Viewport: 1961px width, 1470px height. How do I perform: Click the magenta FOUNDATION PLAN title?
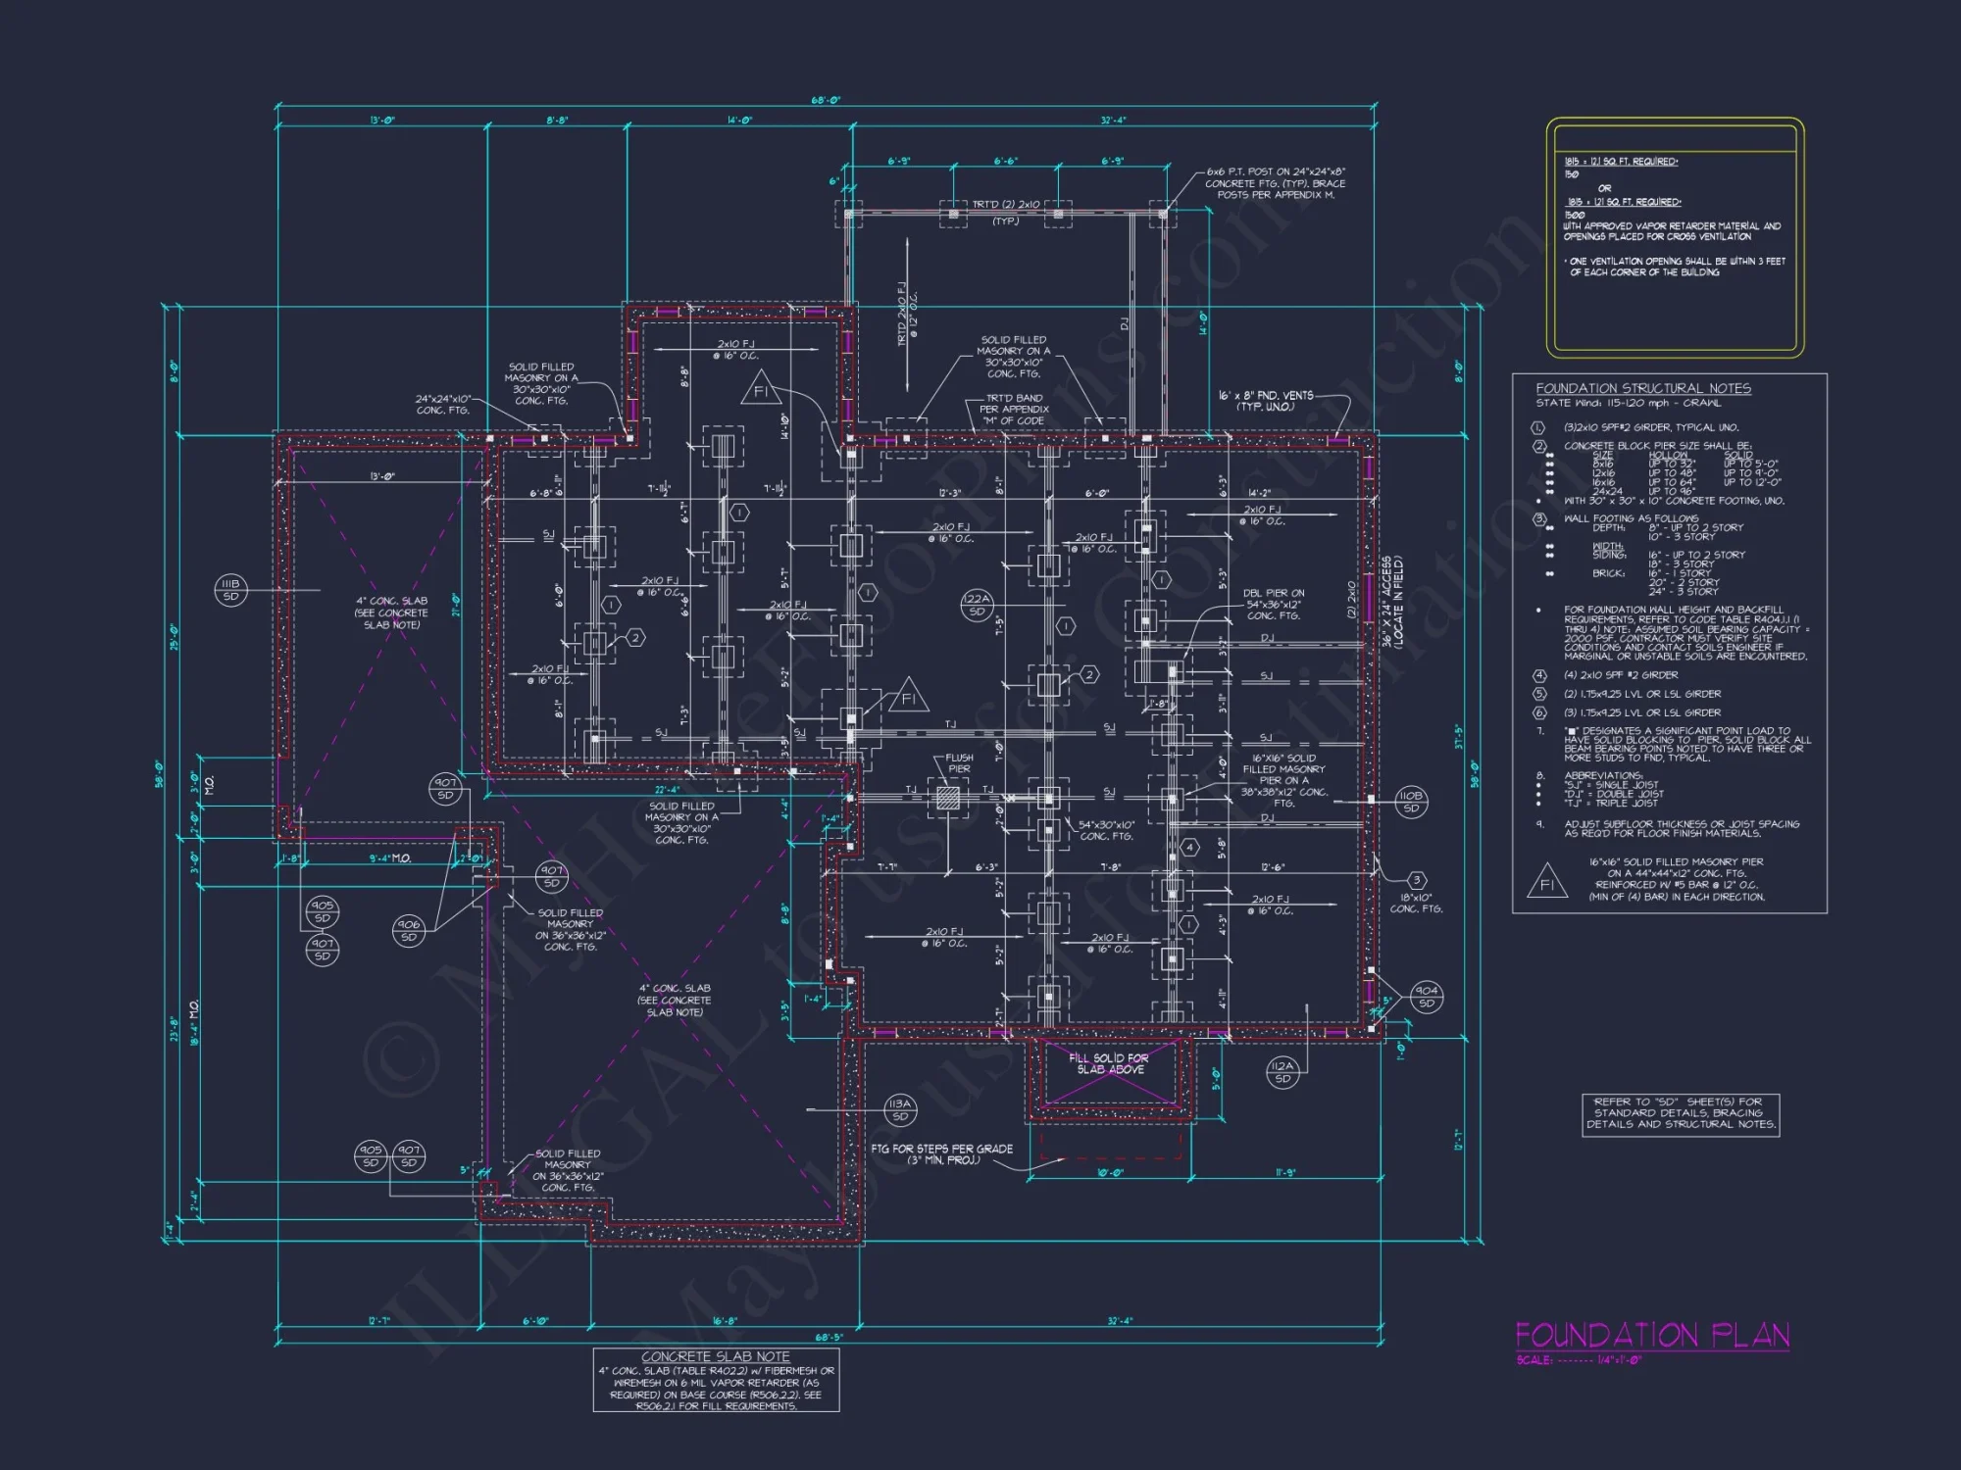(1652, 1335)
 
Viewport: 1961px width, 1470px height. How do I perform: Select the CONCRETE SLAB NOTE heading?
(716, 1356)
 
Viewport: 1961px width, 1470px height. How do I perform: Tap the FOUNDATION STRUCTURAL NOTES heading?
(1643, 388)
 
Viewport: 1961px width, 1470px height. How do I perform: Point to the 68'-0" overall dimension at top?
(826, 101)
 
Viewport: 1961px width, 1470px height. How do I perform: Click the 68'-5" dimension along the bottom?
(829, 1337)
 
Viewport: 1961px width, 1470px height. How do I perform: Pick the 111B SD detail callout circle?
(230, 590)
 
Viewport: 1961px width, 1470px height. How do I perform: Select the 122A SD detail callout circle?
(977, 605)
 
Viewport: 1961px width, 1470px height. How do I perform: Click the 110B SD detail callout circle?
(1411, 802)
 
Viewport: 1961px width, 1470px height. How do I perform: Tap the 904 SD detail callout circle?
(1427, 997)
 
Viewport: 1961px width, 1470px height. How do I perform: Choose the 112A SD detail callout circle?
(1282, 1072)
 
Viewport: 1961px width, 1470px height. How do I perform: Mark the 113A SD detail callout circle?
(899, 1109)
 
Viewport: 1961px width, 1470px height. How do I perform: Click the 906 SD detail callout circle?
(409, 931)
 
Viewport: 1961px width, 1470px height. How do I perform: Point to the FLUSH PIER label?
(959, 763)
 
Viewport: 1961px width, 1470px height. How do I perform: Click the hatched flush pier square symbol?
(947, 797)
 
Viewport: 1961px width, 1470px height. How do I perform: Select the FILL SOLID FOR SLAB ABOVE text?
(1110, 1063)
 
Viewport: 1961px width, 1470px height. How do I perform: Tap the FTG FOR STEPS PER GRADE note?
(941, 1153)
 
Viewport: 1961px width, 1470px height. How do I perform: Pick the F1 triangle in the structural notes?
(1547, 882)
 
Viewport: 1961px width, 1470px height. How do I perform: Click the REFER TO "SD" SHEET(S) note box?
(1681, 1113)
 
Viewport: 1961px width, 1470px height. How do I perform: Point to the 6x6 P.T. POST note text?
(1276, 183)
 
